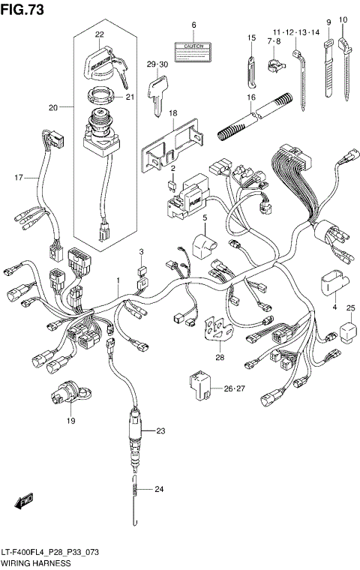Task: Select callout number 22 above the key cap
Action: [x=100, y=34]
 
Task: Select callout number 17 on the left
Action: [x=19, y=177]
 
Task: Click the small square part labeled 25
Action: [x=347, y=330]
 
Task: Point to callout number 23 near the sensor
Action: [x=160, y=431]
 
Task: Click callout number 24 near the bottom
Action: [x=158, y=490]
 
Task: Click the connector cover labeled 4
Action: [x=330, y=284]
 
